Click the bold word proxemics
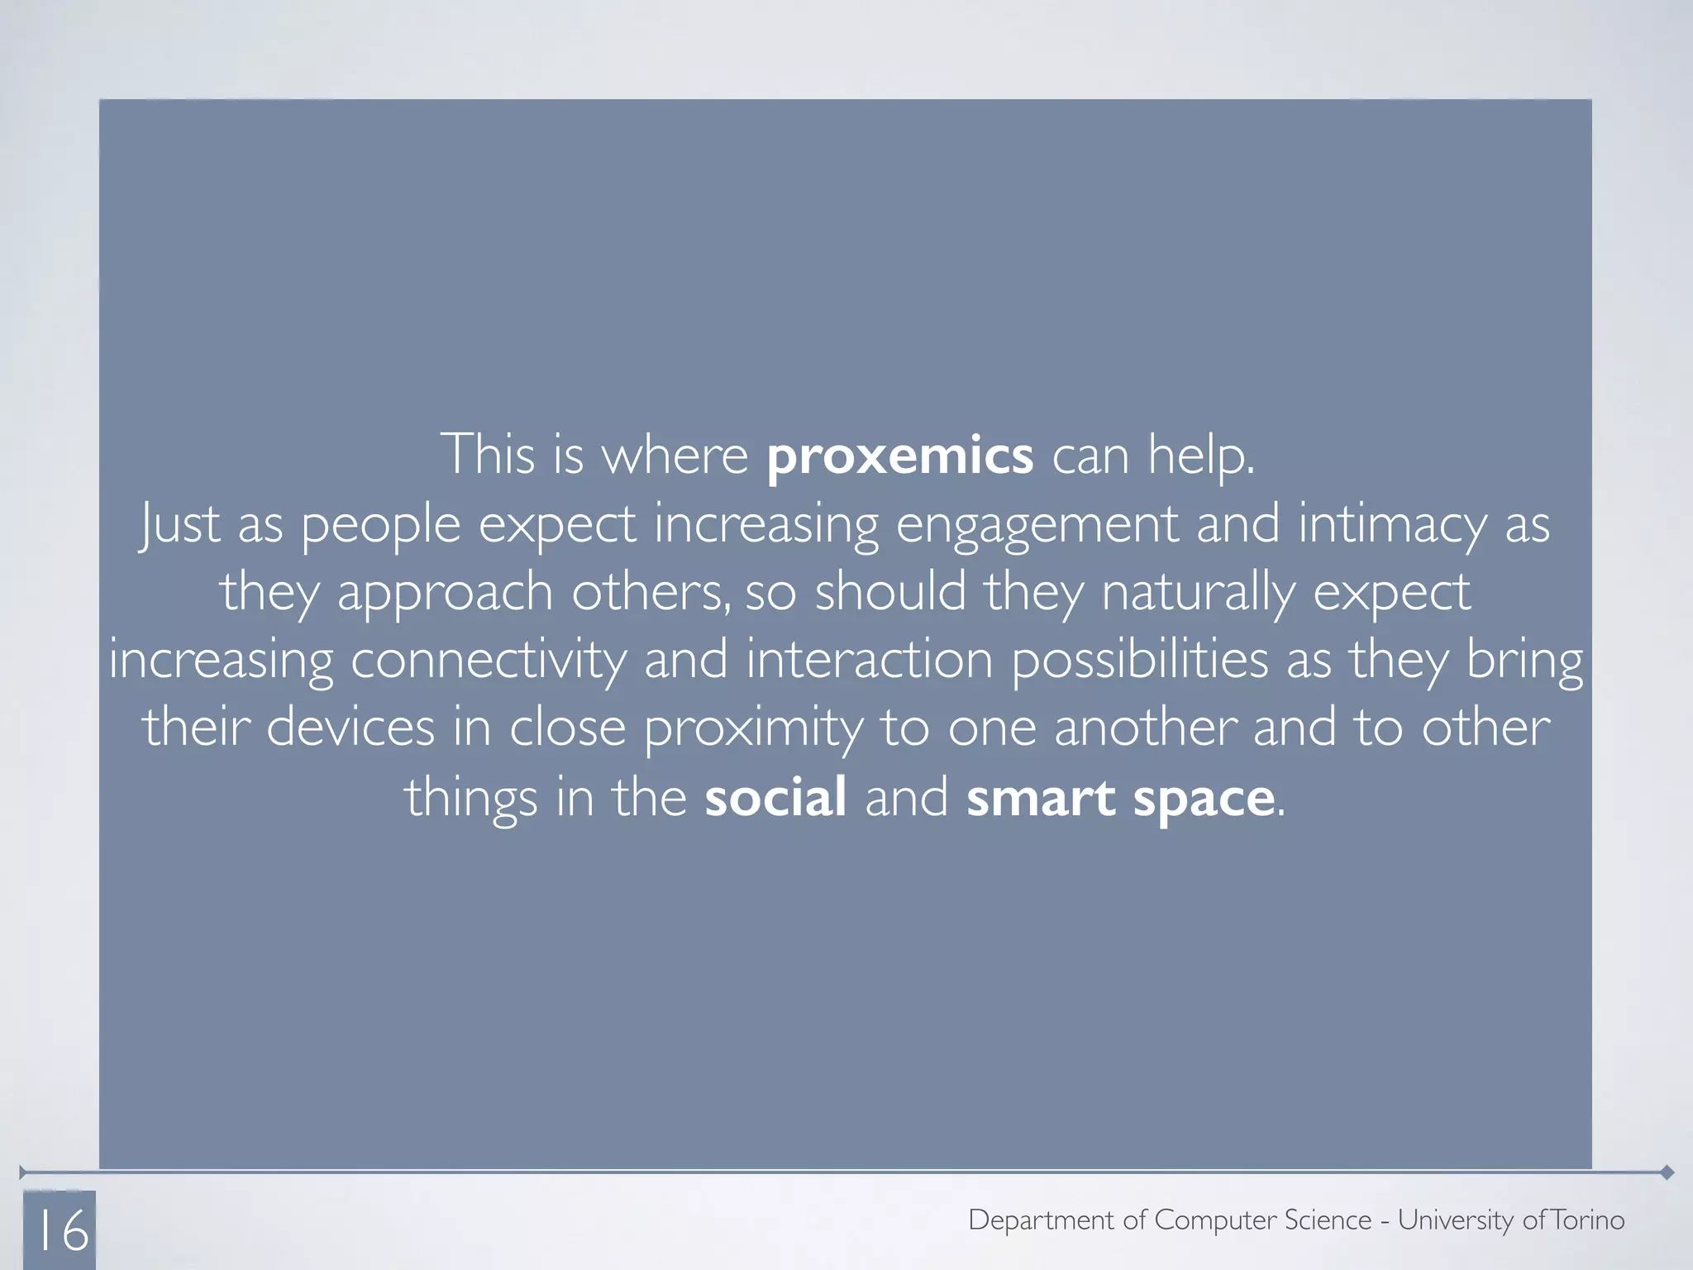899,456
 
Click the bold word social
775,797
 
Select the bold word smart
1041,797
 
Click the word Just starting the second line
179,525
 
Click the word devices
350,728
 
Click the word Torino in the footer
1588,1220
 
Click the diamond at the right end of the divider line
1667,1172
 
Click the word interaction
869,660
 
